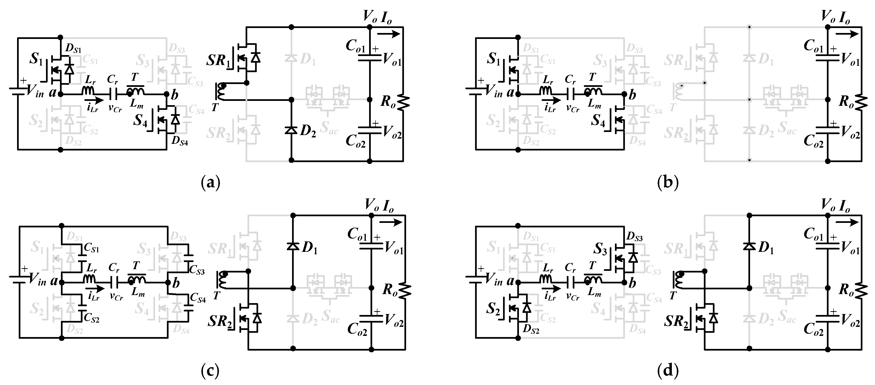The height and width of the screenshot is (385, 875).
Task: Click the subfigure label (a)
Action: click(211, 183)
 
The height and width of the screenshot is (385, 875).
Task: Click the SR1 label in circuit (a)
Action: click(218, 61)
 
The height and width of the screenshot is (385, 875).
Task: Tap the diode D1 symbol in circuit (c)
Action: click(293, 246)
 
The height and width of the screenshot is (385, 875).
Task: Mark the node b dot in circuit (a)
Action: click(166, 94)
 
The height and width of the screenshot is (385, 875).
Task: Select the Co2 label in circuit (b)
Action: click(814, 141)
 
